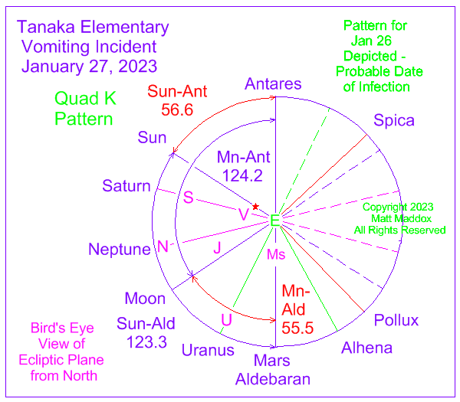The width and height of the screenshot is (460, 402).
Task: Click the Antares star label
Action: pyautogui.click(x=273, y=83)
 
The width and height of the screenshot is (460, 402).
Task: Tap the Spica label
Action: pyautogui.click(x=394, y=121)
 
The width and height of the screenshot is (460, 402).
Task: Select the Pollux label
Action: pyautogui.click(x=396, y=320)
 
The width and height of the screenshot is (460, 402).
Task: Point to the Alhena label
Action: pyautogui.click(x=366, y=348)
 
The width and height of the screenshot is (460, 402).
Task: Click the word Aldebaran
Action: pyautogui.click(x=273, y=379)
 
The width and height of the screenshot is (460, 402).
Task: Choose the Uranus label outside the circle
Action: pyautogui.click(x=208, y=350)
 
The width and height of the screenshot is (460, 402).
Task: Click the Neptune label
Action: pyautogui.click(x=120, y=250)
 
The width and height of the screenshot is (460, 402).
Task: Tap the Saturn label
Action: pyautogui.click(x=127, y=186)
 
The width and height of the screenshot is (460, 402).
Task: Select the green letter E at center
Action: pyautogui.click(x=275, y=221)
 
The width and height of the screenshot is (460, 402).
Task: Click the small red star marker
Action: pyautogui.click(x=255, y=207)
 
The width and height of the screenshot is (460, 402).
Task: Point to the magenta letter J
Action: pyautogui.click(x=218, y=248)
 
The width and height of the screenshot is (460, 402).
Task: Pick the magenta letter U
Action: pyautogui.click(x=226, y=319)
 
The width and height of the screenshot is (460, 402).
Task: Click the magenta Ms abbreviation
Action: pyautogui.click(x=276, y=255)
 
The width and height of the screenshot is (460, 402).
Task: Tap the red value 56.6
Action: pyautogui.click(x=177, y=109)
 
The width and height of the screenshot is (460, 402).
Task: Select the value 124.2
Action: pyautogui.click(x=242, y=176)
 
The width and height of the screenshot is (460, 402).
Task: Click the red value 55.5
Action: pyautogui.click(x=297, y=328)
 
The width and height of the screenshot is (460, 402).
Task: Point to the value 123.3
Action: pyautogui.click(x=146, y=342)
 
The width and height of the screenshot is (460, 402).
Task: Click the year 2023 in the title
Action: pyautogui.click(x=137, y=66)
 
